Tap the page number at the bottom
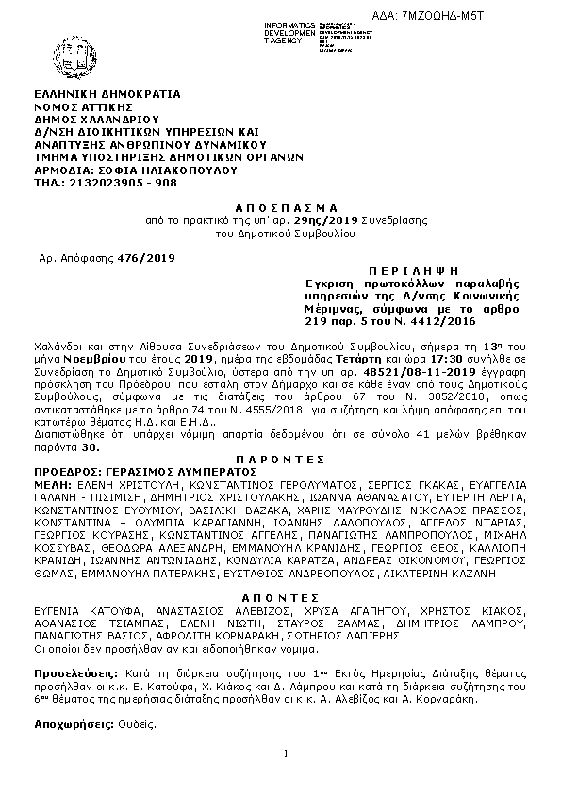tap(285, 753)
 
